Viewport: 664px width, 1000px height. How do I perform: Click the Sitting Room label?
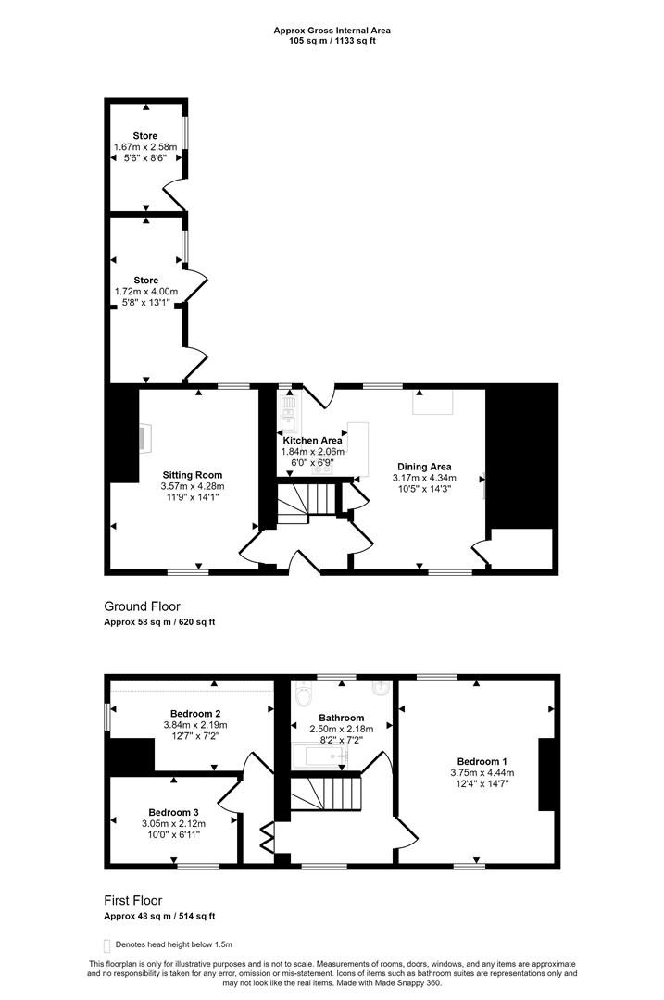(193, 474)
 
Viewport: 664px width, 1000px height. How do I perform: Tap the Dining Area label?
(424, 466)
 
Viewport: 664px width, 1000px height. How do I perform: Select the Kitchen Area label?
(312, 440)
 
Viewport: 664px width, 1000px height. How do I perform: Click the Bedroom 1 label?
(482, 761)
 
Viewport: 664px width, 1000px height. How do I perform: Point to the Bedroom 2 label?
(195, 714)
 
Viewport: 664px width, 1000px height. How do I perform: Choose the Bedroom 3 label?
(173, 812)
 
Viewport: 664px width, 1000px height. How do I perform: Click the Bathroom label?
(341, 718)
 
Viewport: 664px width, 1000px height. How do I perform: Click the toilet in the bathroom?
(303, 694)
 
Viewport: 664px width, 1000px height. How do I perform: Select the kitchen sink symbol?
(289, 411)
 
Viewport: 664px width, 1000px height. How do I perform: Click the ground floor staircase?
(307, 503)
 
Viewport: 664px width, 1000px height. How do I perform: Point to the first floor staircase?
(326, 793)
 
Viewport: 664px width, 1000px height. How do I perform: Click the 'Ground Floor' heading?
(143, 606)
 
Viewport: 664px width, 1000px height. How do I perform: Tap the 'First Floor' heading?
(133, 900)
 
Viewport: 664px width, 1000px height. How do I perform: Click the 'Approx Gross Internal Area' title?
(332, 30)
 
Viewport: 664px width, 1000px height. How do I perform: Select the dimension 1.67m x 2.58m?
(145, 146)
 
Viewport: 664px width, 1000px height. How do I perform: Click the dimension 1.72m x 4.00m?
(146, 292)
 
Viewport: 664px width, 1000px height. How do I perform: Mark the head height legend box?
(106, 945)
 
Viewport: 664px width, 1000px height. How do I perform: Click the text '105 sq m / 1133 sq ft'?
(332, 41)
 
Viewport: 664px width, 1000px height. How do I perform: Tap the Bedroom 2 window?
(107, 716)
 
